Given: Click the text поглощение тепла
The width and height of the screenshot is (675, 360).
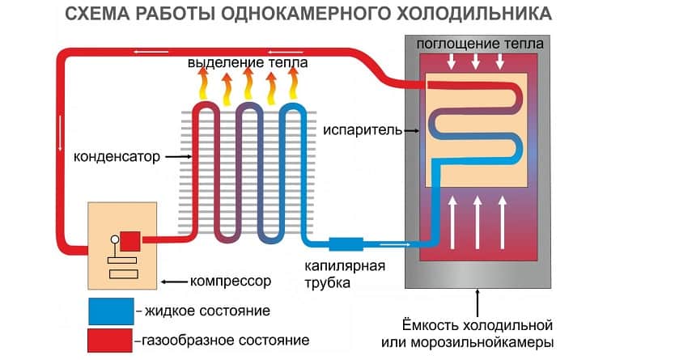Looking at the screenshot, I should click(473, 42).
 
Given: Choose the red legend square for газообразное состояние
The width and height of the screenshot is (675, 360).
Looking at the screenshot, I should click(111, 339).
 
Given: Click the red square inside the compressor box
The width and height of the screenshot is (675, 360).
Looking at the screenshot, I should click(129, 239).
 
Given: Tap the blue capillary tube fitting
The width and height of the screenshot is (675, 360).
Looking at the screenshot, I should click(347, 242).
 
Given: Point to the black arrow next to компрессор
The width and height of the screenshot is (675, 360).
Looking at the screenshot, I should click(173, 282).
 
